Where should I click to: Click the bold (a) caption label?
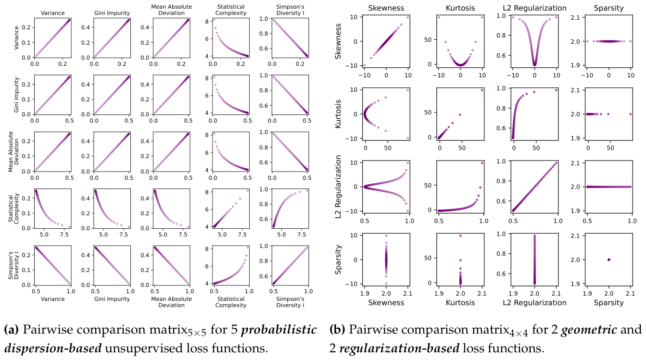[11, 329]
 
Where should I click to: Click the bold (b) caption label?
[337, 329]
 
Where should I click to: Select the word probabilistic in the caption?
[279, 329]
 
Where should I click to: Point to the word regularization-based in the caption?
[399, 348]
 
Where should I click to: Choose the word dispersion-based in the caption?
[53, 348]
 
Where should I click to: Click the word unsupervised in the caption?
[138, 348]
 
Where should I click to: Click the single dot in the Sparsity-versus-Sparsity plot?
[609, 260]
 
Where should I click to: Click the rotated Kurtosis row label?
[338, 114]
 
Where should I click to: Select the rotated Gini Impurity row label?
[16, 95]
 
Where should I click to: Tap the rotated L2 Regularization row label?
[338, 186]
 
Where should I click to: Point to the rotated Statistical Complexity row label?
[13, 209]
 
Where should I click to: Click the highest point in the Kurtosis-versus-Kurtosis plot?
[482, 90]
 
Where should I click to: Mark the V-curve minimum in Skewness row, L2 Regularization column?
[535, 64]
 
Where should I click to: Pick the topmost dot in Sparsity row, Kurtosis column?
[460, 236]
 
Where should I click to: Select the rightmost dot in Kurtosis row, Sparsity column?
[631, 114]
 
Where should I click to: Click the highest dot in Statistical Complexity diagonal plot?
[247, 190]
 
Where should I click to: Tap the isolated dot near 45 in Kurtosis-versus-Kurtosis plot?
[460, 115]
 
